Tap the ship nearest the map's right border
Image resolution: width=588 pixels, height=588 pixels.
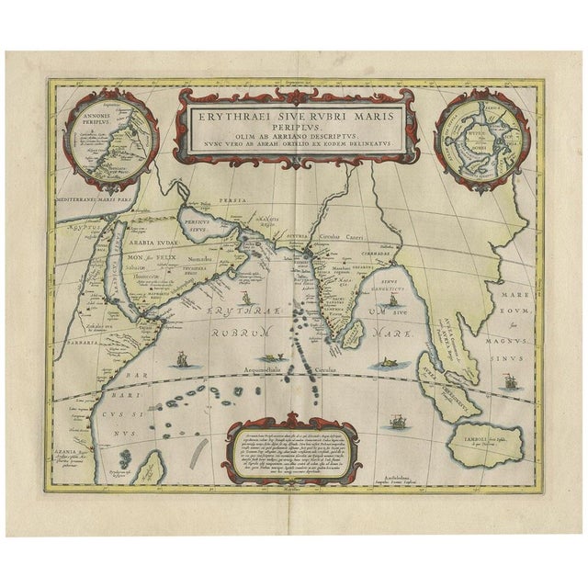click(x=507, y=379)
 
